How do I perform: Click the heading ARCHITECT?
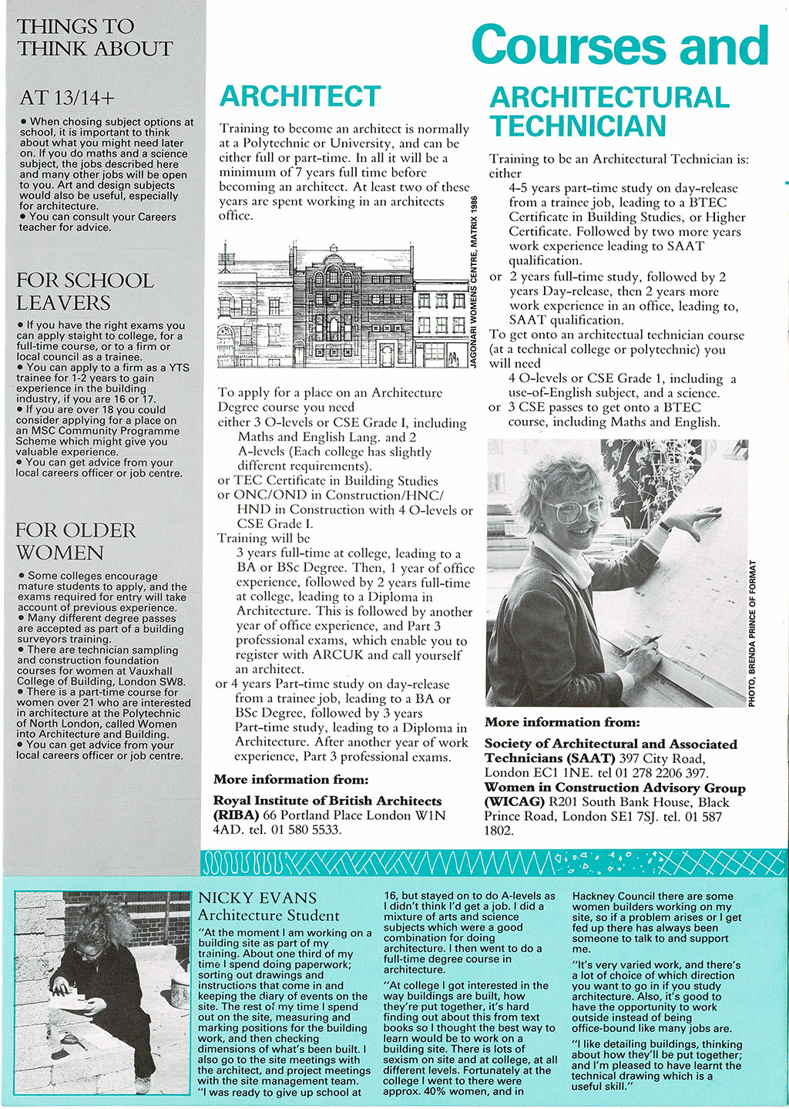click(300, 96)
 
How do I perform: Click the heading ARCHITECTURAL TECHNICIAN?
click(609, 112)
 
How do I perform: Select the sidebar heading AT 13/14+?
click(67, 98)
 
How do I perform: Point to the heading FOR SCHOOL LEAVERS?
click(85, 291)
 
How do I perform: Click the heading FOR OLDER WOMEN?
click(76, 541)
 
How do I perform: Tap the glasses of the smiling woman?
click(575, 509)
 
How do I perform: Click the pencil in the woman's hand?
click(643, 646)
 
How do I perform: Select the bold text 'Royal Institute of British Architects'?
click(327, 801)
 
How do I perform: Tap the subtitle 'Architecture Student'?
click(268, 916)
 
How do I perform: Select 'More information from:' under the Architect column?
click(290, 779)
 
